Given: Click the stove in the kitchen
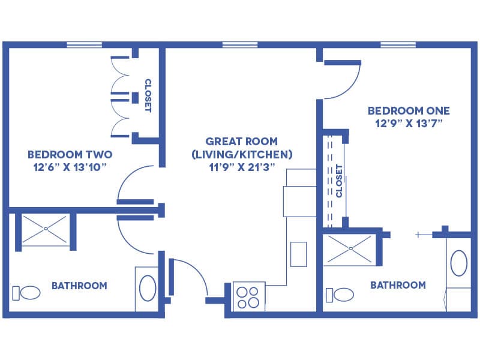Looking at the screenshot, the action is coord(249,296).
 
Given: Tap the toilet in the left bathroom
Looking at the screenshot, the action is coord(26,293).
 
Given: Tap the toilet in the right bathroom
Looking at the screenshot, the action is coord(340,295).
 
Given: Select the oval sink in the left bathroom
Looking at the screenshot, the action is coord(148,288).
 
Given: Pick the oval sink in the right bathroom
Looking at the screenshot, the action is coord(459,263).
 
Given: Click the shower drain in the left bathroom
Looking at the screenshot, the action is coord(46,229).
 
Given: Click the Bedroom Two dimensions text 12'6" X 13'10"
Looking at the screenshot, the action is coord(70,167).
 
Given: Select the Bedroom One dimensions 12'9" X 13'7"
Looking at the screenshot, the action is coord(409,124).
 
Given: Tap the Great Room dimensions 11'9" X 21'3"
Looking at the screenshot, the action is coord(242,167).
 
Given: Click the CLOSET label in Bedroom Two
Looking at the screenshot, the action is coord(148,95).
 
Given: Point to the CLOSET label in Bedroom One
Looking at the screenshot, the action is coord(339,181).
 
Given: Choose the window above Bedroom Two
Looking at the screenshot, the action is coord(85,44).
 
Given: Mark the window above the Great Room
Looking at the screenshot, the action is coord(240,44).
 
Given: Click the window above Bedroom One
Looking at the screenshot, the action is coord(398,44).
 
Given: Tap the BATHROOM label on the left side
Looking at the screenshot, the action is coord(80,286).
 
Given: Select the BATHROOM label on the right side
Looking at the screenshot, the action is coord(398,285).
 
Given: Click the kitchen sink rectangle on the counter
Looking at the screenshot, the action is coord(298,254).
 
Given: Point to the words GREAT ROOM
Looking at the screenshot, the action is coord(242,142).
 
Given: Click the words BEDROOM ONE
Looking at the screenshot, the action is coord(409,110).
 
